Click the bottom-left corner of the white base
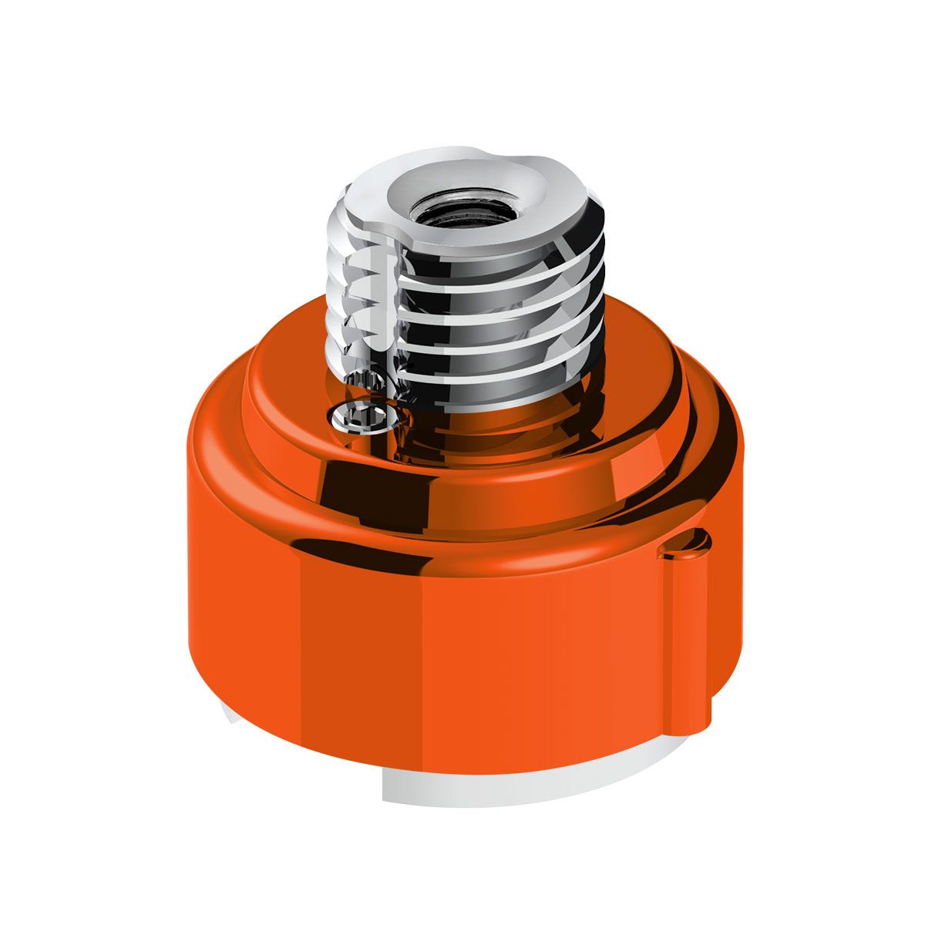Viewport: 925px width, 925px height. coord(385,798)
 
